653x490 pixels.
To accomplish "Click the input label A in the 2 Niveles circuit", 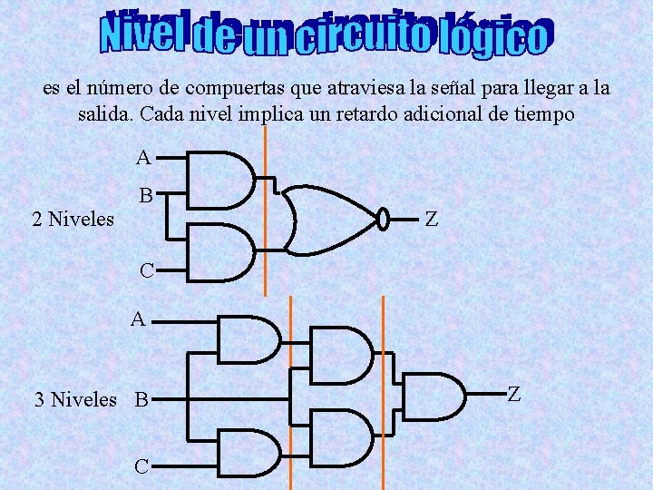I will tap(143, 158).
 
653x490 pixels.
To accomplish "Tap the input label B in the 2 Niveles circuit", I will tap(145, 195).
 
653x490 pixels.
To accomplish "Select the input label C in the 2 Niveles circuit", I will tap(146, 270).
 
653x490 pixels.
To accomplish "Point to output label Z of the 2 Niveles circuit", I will tap(432, 219).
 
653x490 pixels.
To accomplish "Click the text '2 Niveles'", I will tap(73, 219).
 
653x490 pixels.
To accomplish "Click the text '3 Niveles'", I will tap(75, 399).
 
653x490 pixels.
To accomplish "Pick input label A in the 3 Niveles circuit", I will tap(138, 318).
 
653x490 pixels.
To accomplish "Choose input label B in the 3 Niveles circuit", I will tap(141, 399).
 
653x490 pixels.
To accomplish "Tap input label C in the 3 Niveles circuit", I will tap(141, 467).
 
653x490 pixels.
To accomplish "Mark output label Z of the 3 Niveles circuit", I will tap(513, 394).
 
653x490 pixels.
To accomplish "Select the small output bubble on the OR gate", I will tap(383, 218).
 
